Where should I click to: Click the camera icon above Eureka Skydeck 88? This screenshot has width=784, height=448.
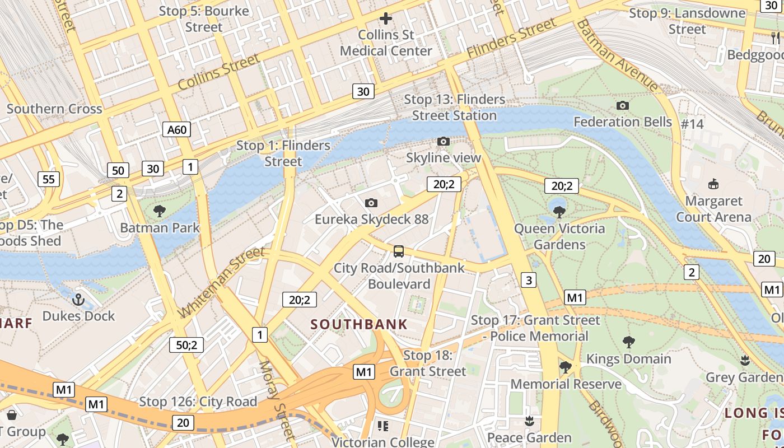[371, 203]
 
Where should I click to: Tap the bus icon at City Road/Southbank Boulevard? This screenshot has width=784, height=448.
[398, 251]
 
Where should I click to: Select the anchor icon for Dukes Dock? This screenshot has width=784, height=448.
[78, 300]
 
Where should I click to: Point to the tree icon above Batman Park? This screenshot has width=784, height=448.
[160, 211]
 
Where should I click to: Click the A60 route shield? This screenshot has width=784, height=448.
[177, 130]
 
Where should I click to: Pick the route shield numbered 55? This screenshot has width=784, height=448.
[49, 179]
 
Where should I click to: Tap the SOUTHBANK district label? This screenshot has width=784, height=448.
[359, 324]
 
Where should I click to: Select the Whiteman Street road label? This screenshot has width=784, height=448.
[221, 282]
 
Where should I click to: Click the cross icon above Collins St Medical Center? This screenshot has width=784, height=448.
[386, 18]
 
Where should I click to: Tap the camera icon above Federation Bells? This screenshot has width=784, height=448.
[622, 105]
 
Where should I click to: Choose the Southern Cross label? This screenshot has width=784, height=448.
[54, 109]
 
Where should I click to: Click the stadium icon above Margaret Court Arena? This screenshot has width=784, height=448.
[713, 184]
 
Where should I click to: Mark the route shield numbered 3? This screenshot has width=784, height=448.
[529, 279]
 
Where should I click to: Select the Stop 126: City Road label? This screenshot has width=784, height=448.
[198, 402]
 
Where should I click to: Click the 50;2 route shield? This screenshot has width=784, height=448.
[186, 345]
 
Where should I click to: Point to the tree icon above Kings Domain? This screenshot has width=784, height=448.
[628, 342]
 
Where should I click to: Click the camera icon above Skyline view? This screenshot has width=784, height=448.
[444, 141]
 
